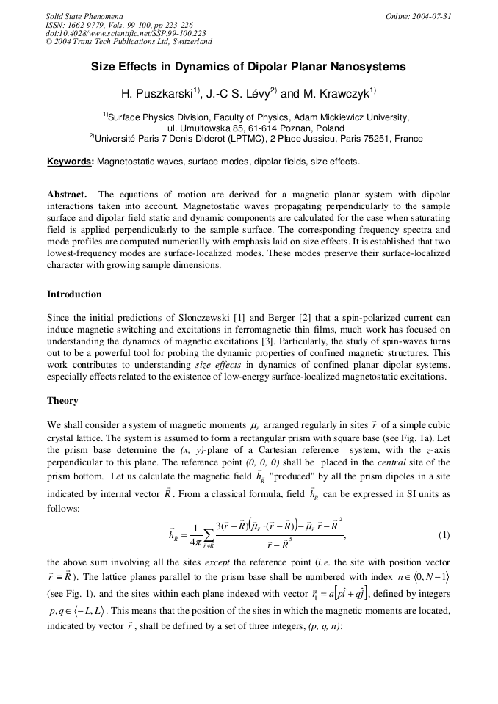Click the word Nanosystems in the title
(364, 67)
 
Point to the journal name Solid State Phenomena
(84, 16)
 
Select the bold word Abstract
(67, 195)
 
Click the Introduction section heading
(74, 294)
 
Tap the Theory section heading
(62, 401)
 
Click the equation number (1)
(444, 535)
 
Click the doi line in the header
(125, 33)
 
